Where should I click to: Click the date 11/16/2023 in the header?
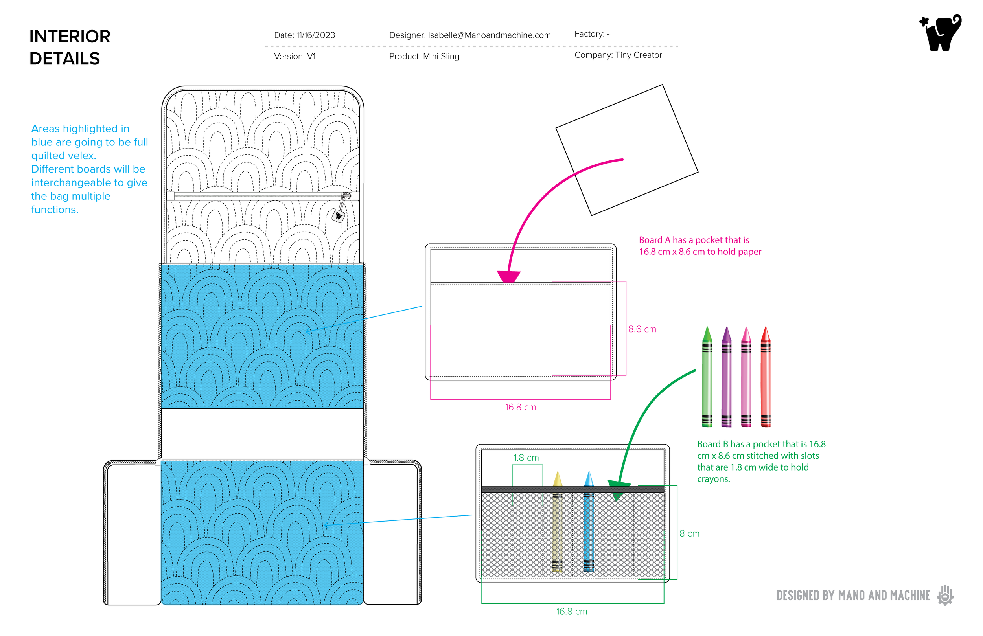316,35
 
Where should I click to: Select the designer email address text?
489,35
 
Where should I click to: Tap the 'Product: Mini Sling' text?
424,57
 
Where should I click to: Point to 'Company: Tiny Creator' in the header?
618,55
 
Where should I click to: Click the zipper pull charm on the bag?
339,215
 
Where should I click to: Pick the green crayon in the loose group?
707,378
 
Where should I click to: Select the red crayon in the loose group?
765,378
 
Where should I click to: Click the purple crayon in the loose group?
726,378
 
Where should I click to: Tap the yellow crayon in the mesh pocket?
557,524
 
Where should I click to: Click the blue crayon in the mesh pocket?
589,524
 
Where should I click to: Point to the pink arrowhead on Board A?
508,276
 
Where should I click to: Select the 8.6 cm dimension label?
642,329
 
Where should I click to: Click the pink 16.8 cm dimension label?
521,408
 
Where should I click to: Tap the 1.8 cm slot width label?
526,458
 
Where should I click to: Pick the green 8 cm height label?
689,534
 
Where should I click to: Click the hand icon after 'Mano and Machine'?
945,596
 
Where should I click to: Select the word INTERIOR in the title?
70,37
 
